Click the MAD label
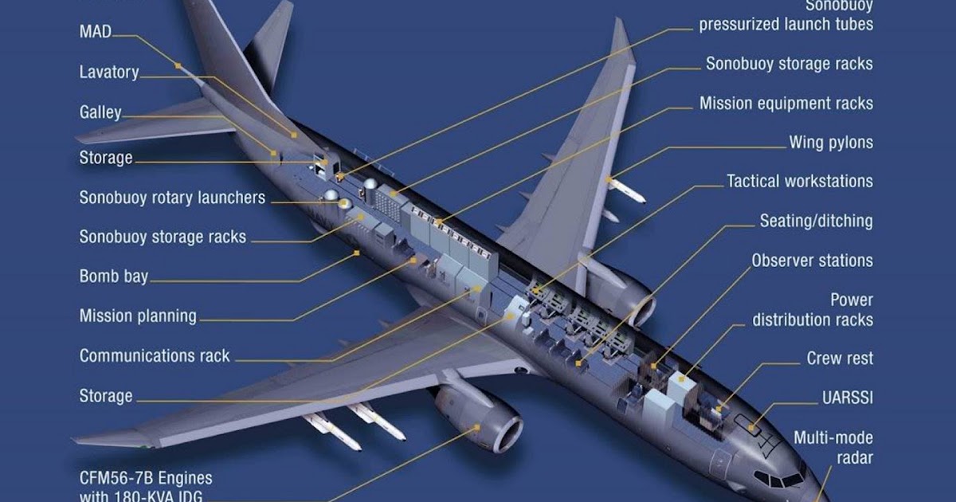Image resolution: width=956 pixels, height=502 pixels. coord(95,32)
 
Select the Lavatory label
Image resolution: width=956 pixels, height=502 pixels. coord(108,73)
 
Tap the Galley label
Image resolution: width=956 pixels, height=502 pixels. coord(100,112)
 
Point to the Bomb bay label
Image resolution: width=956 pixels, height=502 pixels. coord(114,277)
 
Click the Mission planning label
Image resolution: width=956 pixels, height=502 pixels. coord(138,316)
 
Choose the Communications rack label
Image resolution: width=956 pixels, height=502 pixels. coord(155,356)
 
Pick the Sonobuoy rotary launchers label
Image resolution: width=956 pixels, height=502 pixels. coord(172,198)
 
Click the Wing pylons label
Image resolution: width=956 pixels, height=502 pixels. coord(831,143)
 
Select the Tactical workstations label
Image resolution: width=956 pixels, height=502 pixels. coord(800,182)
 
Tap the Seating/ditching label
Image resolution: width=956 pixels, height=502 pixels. coord(816,221)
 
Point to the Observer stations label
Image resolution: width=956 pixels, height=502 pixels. coord(812,261)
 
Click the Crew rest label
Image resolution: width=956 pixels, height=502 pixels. coord(840,359)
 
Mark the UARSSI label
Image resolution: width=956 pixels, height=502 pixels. coord(847,397)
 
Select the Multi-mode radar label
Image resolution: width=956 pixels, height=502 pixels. coord(833,448)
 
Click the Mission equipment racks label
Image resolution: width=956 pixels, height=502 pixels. coord(786,104)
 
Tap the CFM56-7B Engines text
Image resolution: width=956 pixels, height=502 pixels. coord(146,478)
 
